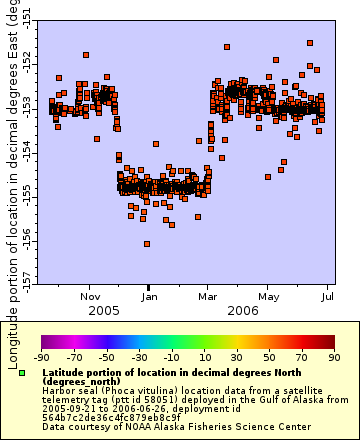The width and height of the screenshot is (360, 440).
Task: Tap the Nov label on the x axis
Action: pyautogui.click(x=90, y=296)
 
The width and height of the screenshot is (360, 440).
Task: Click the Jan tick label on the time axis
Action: pyautogui.click(x=148, y=296)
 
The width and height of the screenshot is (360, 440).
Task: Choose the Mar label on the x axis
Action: pyautogui.click(x=208, y=296)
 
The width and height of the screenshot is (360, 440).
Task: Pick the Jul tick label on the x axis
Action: pyautogui.click(x=328, y=296)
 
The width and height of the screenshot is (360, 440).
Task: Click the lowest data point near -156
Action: pyautogui.click(x=147, y=243)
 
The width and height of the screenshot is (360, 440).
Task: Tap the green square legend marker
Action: pyautogui.click(x=22, y=373)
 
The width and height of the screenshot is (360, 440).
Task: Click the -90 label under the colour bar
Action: pyautogui.click(x=42, y=356)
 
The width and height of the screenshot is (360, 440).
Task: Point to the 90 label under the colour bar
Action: pyautogui.click(x=334, y=356)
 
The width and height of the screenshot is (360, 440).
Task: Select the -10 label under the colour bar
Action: pyautogui.click(x=172, y=356)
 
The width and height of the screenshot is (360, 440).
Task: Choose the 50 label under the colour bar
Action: pyautogui.click(x=269, y=356)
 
